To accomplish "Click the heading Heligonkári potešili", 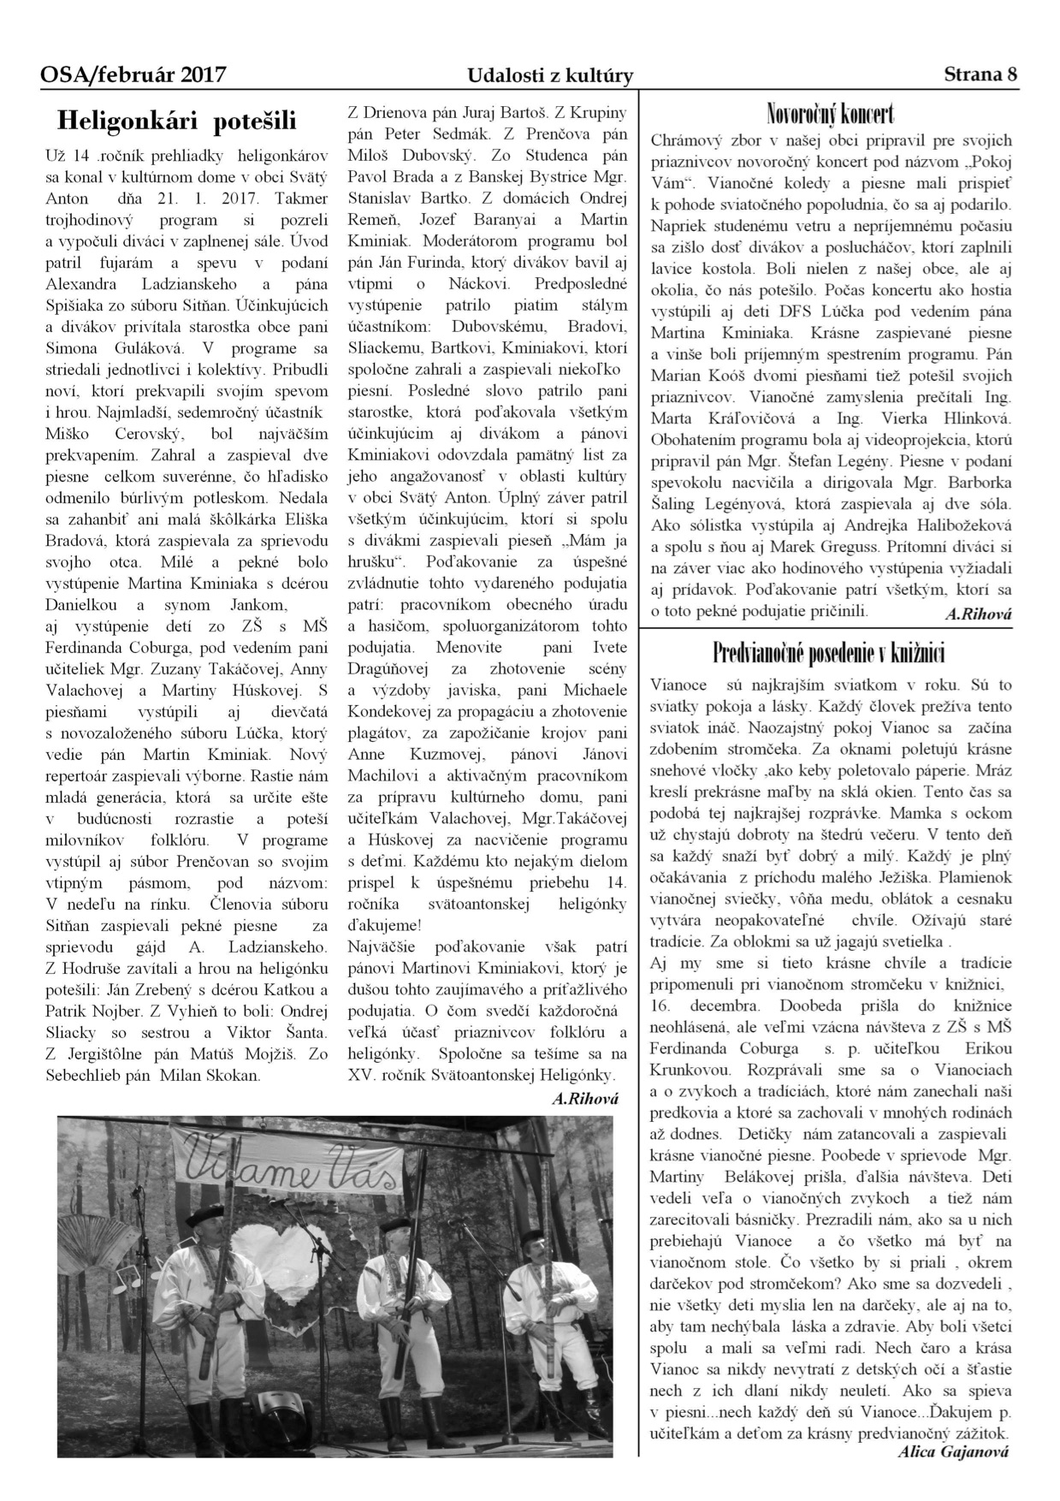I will tap(176, 121).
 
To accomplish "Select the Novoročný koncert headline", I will tap(831, 113).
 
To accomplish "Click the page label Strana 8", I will tap(980, 74).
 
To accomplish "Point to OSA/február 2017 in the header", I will tap(133, 75).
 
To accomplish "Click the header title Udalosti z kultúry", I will tap(550, 76).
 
